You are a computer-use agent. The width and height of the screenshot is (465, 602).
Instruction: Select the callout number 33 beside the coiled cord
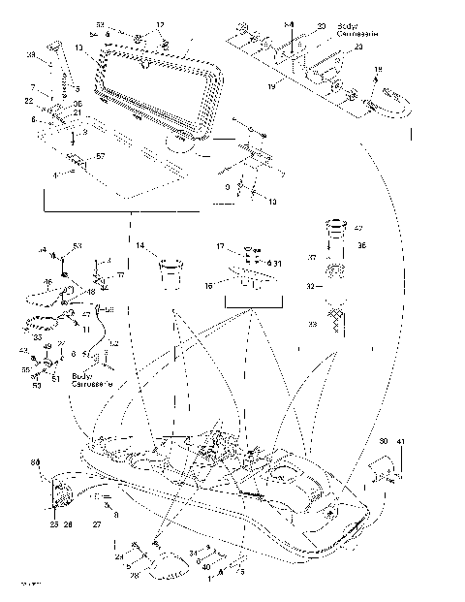37,337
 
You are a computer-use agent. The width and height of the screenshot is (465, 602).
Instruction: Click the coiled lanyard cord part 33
44,324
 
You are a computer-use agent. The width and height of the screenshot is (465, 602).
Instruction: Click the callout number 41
402,442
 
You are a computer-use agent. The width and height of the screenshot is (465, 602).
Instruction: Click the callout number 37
312,258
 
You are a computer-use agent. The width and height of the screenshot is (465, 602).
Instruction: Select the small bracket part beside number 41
380,470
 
